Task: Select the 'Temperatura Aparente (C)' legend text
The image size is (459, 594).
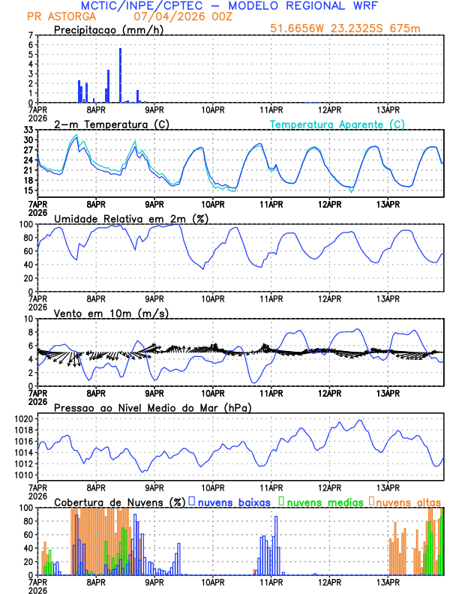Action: pyautogui.click(x=337, y=124)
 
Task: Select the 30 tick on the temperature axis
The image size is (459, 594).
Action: pyautogui.click(x=27, y=139)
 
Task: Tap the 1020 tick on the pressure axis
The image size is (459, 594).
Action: pyautogui.click(x=22, y=418)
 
